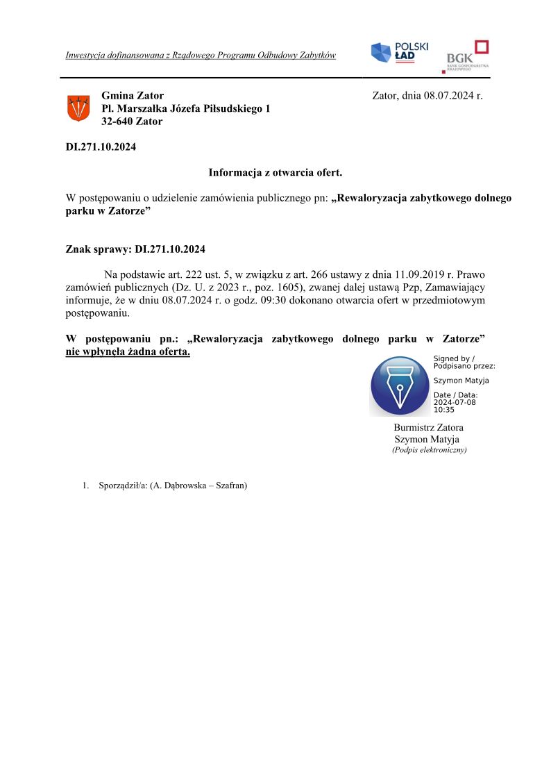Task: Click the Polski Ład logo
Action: [399, 52]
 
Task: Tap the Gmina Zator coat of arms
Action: [78, 108]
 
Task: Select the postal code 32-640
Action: [117, 122]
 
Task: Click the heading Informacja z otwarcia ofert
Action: [275, 172]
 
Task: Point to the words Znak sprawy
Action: [98, 249]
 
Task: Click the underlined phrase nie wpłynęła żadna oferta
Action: [128, 352]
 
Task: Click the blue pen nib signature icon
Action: [400, 386]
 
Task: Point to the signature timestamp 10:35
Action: [444, 410]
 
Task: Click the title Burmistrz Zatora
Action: [428, 427]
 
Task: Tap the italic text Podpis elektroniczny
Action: [429, 450]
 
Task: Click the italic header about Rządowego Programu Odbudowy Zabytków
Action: [201, 55]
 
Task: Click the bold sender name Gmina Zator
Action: [133, 96]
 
